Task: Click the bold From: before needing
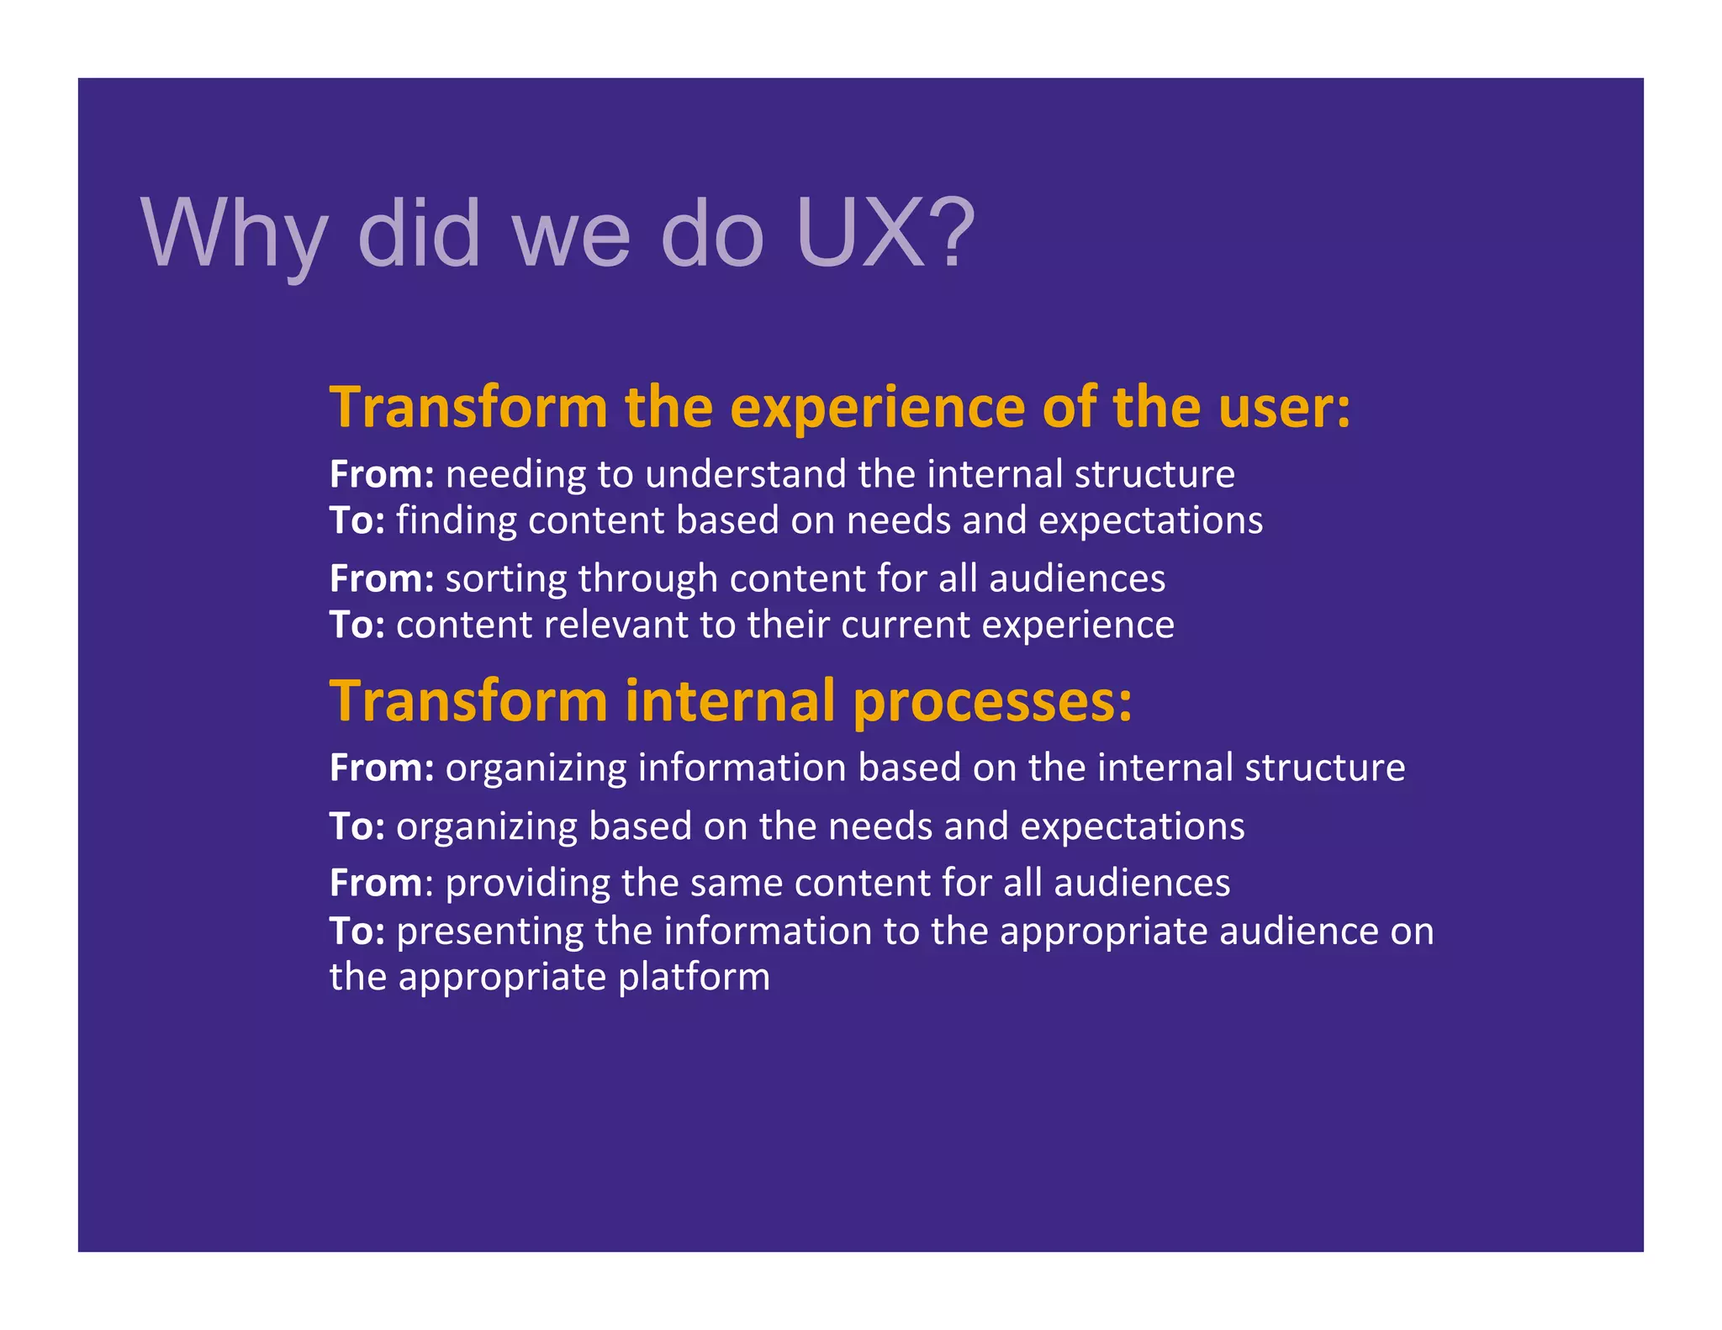tap(382, 474)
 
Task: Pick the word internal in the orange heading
tap(730, 700)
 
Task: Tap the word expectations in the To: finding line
tap(1150, 520)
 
